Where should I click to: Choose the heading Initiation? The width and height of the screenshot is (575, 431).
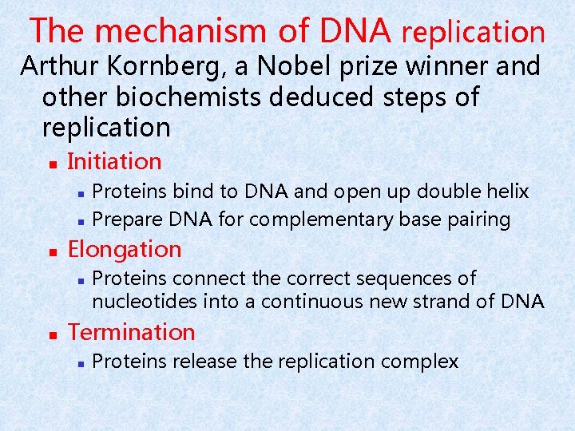[115, 161]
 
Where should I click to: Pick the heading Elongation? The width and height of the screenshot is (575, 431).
[125, 249]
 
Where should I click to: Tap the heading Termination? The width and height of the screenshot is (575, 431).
[131, 332]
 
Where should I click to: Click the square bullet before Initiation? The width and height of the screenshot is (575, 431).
[51, 163]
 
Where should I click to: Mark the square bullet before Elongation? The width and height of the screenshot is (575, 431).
[51, 251]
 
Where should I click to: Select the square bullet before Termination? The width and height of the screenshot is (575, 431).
[51, 334]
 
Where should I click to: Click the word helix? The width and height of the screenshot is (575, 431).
[508, 192]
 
